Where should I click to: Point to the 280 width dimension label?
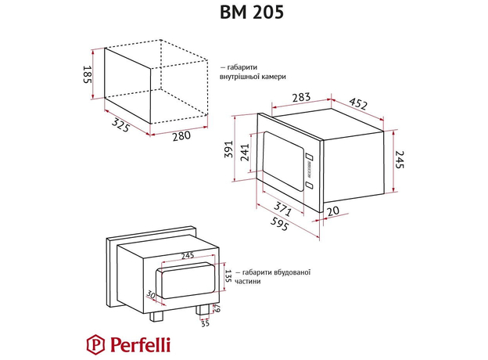[181, 136]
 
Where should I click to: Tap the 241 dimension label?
[244, 153]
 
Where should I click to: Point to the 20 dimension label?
[333, 211]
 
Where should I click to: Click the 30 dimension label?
[151, 295]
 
